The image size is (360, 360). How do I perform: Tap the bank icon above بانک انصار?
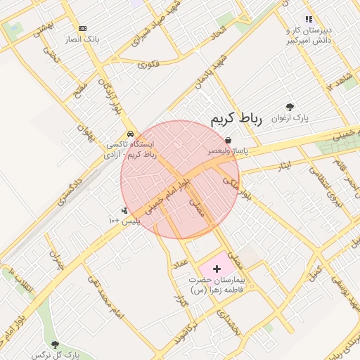[x=83, y=28]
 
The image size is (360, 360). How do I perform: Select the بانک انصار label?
[x=83, y=39]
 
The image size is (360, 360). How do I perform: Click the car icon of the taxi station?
[x=130, y=134]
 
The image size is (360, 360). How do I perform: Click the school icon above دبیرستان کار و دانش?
[x=308, y=20]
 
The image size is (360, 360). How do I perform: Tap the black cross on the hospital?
[x=217, y=268]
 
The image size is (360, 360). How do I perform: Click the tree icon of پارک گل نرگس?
[x=55, y=343]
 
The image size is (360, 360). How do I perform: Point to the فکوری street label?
[x=148, y=64]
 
